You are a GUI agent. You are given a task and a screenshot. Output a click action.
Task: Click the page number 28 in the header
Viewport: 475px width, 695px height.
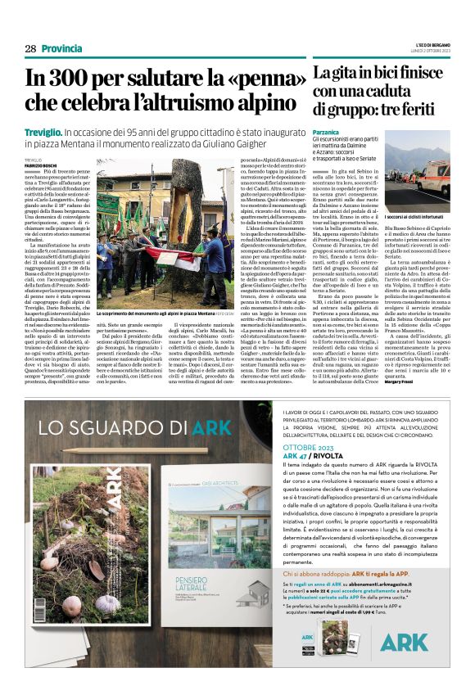click(29, 49)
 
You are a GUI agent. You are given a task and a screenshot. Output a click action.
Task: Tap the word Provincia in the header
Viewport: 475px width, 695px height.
click(61, 49)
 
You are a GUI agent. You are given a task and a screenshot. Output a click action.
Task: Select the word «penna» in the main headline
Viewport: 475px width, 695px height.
click(255, 81)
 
